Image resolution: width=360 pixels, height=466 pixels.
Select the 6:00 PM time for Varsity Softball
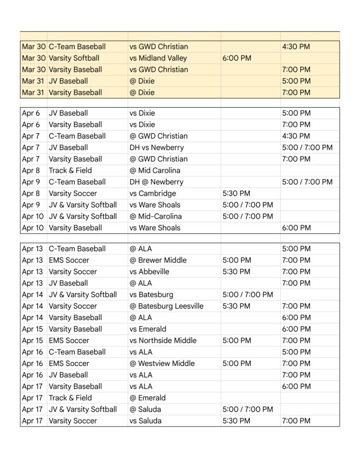237,58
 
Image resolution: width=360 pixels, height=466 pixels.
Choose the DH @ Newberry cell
156,182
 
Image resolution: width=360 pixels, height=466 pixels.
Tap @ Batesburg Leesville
167,306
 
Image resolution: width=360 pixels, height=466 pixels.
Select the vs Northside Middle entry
163,340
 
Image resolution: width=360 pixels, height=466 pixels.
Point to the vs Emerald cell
148,329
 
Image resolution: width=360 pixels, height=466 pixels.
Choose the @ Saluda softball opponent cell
145,410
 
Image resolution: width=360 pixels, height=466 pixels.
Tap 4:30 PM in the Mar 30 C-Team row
296,46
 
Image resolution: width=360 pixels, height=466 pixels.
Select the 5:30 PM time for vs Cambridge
236,193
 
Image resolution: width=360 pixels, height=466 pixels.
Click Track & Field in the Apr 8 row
70,171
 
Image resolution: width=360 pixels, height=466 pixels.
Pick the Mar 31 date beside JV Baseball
34,81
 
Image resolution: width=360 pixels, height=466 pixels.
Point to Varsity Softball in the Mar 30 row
74,58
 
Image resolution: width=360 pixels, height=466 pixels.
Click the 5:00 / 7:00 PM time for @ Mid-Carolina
248,217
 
